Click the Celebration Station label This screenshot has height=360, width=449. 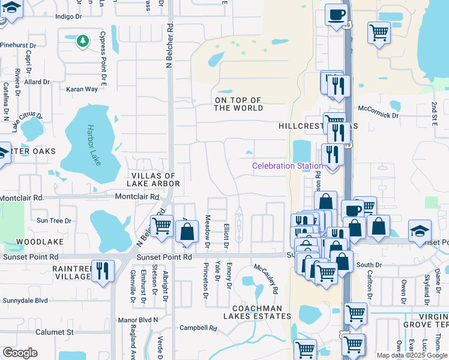tap(287, 166)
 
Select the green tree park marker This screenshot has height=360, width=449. tap(82, 41)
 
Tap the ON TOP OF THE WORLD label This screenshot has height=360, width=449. tap(239, 104)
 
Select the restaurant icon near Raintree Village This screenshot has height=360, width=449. tap(104, 271)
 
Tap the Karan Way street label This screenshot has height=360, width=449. tap(82, 89)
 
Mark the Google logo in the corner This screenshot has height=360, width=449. tap(20, 353)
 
